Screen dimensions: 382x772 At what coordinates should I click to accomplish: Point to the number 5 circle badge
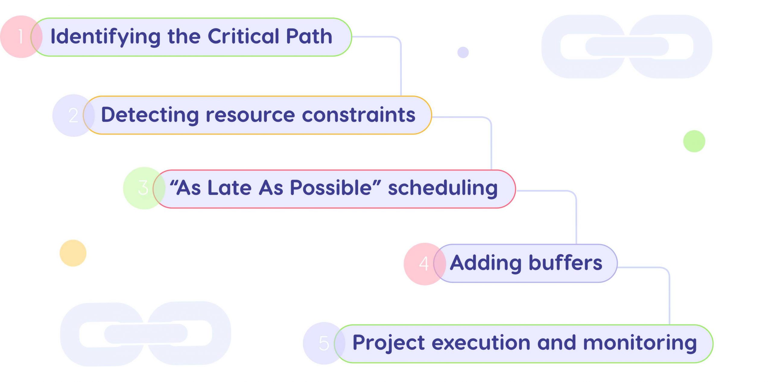[323, 343]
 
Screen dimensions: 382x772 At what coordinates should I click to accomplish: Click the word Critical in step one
[243, 36]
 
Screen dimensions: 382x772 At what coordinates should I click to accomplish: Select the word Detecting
[150, 115]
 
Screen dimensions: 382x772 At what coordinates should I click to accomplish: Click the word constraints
[359, 115]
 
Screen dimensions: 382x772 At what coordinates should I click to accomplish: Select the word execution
[481, 343]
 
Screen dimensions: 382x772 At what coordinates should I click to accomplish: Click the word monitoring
[640, 343]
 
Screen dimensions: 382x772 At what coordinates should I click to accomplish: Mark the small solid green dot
[694, 141]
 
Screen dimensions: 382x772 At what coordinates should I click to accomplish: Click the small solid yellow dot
[73, 253]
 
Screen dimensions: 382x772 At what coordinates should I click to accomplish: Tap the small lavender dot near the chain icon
[463, 52]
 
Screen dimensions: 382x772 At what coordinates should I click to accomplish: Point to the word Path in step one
[309, 36]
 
